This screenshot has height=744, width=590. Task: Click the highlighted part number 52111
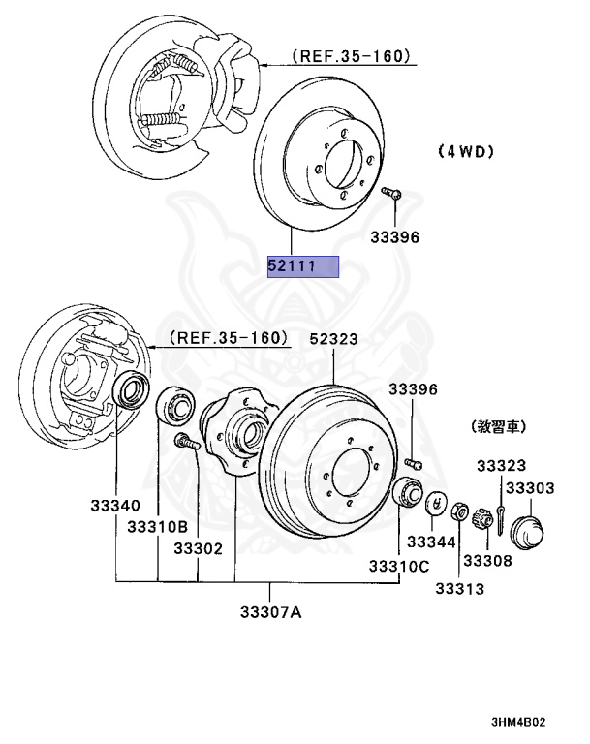303,265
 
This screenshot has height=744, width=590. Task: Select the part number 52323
333,339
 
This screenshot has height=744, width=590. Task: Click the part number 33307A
271,611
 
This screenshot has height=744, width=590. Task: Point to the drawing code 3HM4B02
533,722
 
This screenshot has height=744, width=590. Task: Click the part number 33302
198,548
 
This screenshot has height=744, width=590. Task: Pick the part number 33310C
398,566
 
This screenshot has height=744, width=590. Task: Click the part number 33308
486,560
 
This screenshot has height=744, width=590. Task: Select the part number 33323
501,466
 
